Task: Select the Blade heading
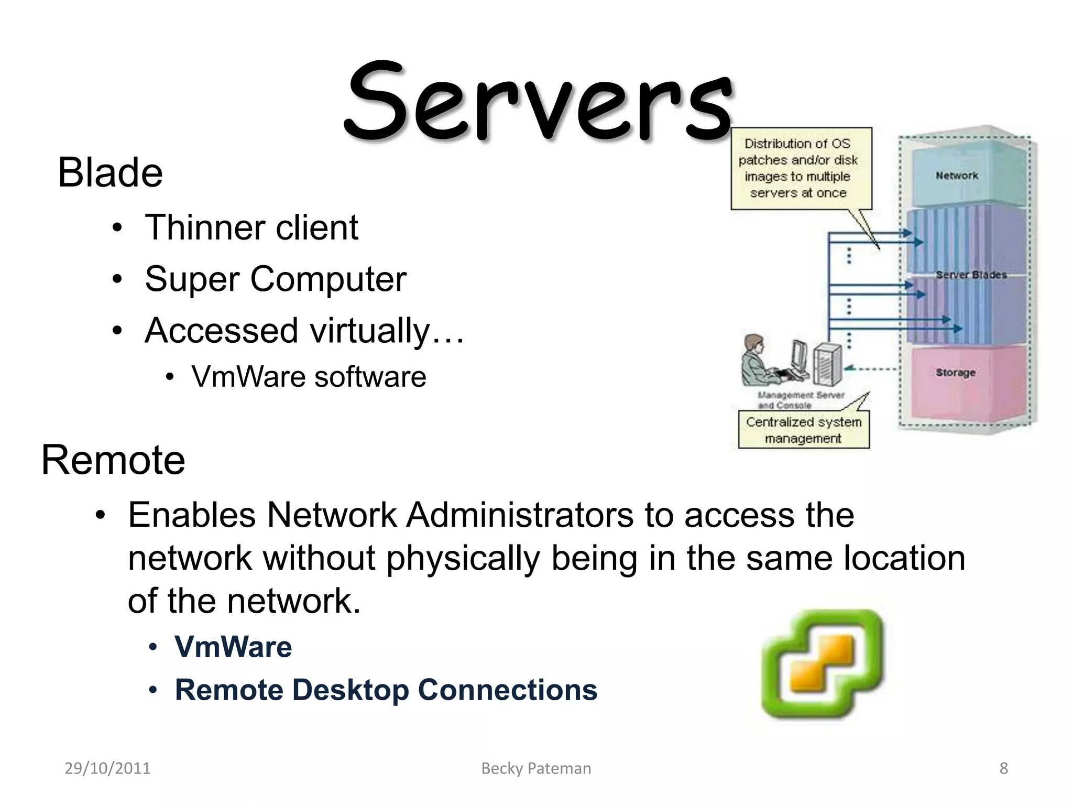click(110, 172)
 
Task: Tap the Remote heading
click(113, 460)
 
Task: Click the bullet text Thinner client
click(251, 227)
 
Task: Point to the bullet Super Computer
click(276, 279)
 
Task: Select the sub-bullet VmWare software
click(309, 377)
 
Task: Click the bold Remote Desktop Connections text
click(386, 690)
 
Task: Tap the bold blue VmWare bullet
click(233, 647)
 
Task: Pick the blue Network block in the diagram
click(957, 176)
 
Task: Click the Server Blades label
click(971, 275)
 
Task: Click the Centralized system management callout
click(803, 430)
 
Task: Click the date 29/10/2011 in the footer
click(107, 768)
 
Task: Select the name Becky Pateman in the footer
click(536, 768)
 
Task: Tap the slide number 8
click(1003, 768)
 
